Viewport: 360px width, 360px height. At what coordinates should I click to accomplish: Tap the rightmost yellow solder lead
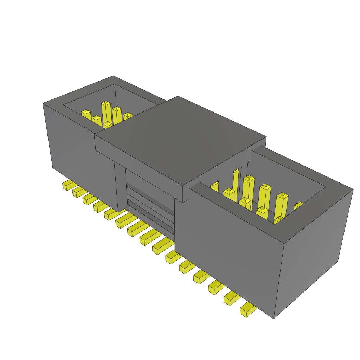[248, 309]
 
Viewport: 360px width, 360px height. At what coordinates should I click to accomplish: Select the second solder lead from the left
[78, 192]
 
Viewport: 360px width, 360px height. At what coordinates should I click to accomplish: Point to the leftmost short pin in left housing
[86, 115]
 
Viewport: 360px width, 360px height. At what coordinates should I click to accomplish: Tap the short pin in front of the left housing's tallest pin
[107, 125]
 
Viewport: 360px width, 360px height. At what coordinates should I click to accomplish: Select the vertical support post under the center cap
[120, 186]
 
